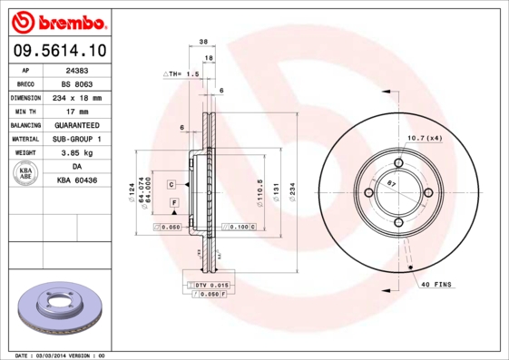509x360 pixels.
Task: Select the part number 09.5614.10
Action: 60,51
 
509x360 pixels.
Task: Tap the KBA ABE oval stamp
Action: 26,174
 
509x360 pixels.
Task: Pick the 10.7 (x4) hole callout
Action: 424,137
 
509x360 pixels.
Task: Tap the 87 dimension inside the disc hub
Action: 391,184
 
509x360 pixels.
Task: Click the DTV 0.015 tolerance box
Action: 212,286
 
